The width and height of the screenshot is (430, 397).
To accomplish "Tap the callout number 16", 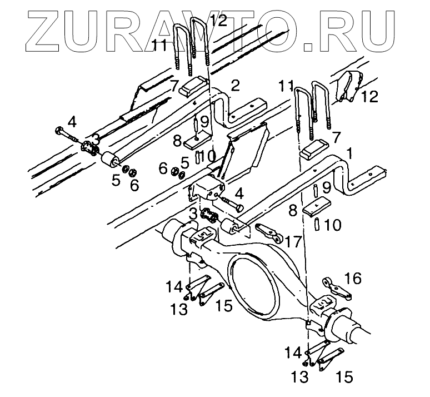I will click(353, 277).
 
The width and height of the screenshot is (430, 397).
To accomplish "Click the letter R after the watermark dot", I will click(346, 32).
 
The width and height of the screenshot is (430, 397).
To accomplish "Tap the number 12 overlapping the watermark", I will click(218, 21).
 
